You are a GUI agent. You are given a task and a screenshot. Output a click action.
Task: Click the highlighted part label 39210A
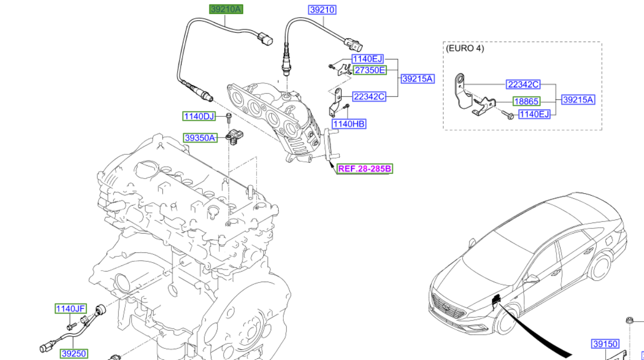click(226, 9)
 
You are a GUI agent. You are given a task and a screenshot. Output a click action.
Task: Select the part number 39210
click(323, 10)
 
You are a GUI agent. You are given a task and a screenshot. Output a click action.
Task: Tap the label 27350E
click(369, 70)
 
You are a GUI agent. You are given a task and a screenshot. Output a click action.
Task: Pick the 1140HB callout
click(349, 124)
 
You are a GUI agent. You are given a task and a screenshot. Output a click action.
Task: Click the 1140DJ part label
click(199, 117)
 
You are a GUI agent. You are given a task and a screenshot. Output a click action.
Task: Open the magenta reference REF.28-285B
click(365, 169)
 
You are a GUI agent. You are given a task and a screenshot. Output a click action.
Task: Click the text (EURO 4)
click(465, 49)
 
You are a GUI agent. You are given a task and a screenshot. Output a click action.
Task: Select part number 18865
click(527, 101)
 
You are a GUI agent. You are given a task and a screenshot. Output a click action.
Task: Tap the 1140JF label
click(71, 308)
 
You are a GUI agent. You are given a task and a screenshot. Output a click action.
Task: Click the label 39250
click(73, 354)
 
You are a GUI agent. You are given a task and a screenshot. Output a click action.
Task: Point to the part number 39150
click(605, 344)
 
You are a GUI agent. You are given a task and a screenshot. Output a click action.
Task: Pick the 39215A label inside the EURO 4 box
click(578, 100)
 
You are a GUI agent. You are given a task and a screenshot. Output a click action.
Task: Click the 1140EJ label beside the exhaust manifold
click(368, 59)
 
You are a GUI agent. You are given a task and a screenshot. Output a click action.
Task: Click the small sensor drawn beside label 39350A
click(235, 137)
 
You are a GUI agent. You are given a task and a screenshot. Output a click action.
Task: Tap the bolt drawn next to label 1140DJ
click(229, 118)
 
